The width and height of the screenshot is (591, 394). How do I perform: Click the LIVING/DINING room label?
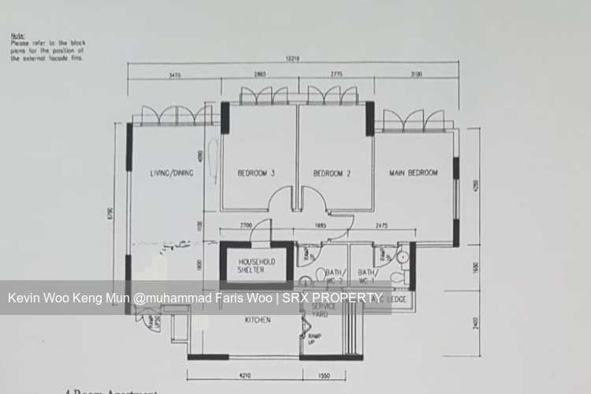pos(171,173)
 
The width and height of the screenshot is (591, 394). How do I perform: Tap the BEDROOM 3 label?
pos(255,173)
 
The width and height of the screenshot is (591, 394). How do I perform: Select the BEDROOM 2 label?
pos(331,173)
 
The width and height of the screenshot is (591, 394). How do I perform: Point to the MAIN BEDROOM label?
pos(413,172)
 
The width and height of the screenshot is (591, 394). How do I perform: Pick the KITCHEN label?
pos(258,320)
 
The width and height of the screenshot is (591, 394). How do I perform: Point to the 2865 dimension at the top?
pos(261,74)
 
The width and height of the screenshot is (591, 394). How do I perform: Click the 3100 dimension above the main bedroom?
pos(416,74)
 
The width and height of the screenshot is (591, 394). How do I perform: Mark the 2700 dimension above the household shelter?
pos(245,227)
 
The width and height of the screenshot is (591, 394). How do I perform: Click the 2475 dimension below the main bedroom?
pos(383,227)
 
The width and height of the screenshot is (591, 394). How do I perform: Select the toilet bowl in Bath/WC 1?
pos(403,257)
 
